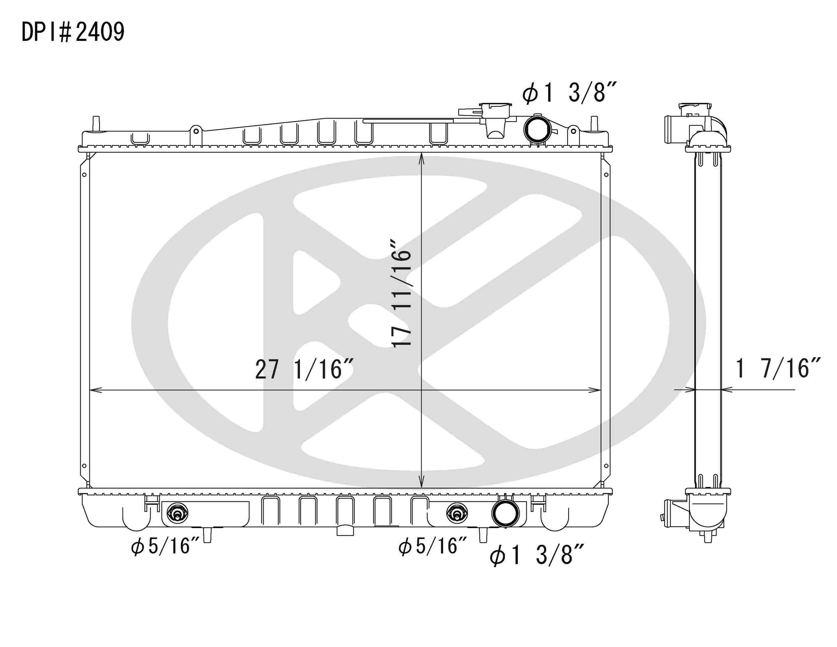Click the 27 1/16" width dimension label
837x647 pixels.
pyautogui.click(x=304, y=370)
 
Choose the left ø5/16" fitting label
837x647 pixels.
pyautogui.click(x=165, y=546)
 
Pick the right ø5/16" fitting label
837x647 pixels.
pyautogui.click(x=433, y=546)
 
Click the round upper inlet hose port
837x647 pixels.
pyautogui.click(x=537, y=129)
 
